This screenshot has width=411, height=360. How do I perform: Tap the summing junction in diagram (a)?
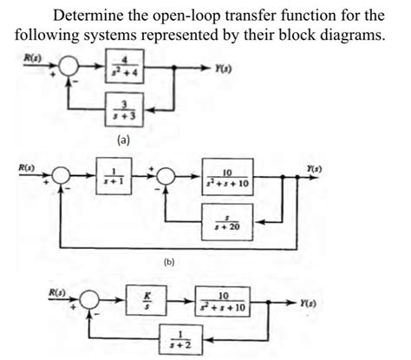71,67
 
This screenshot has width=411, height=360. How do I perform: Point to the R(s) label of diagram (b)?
16,161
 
